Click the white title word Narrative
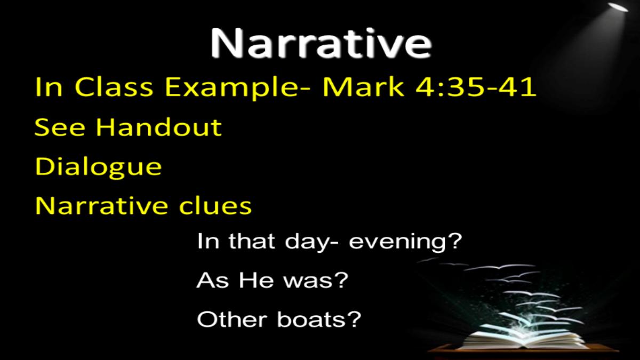pyautogui.click(x=321, y=44)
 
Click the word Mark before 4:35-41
pyautogui.click(x=363, y=87)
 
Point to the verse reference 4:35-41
pyautogui.click(x=475, y=87)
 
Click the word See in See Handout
pyautogui.click(x=59, y=127)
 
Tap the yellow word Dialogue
pyautogui.click(x=98, y=167)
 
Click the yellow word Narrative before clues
pyautogui.click(x=101, y=206)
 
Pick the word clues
pyautogui.click(x=215, y=205)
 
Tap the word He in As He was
pyautogui.click(x=257, y=280)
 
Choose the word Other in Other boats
pyautogui.click(x=232, y=319)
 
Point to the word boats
pyautogui.click(x=311, y=319)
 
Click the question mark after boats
pyautogui.click(x=354, y=318)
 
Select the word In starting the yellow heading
pyautogui.click(x=49, y=87)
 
